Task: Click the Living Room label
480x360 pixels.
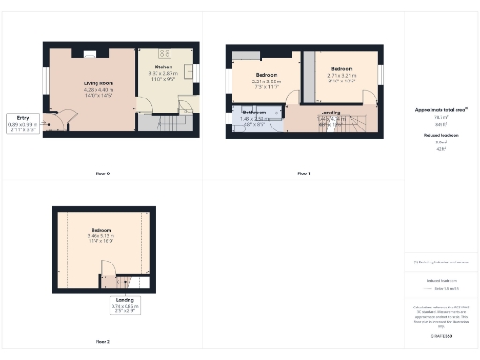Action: (90, 83)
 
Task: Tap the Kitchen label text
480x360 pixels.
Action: (162, 67)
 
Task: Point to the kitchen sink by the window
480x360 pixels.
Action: (189, 70)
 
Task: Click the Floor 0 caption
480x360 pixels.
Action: (102, 174)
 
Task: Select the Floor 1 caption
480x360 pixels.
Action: (304, 174)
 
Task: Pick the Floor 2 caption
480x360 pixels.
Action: (102, 342)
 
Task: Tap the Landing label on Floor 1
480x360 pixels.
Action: (330, 112)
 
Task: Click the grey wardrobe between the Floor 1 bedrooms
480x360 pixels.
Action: (307, 78)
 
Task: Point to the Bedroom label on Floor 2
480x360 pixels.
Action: (101, 230)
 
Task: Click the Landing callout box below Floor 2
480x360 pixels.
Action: (125, 302)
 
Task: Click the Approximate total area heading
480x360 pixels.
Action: (440, 111)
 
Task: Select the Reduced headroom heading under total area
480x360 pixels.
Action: (440, 136)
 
